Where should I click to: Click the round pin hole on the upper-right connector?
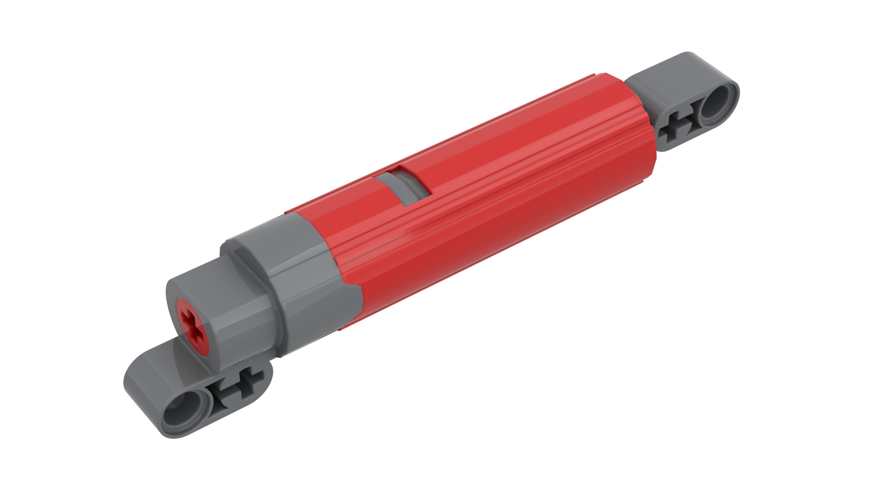717,107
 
